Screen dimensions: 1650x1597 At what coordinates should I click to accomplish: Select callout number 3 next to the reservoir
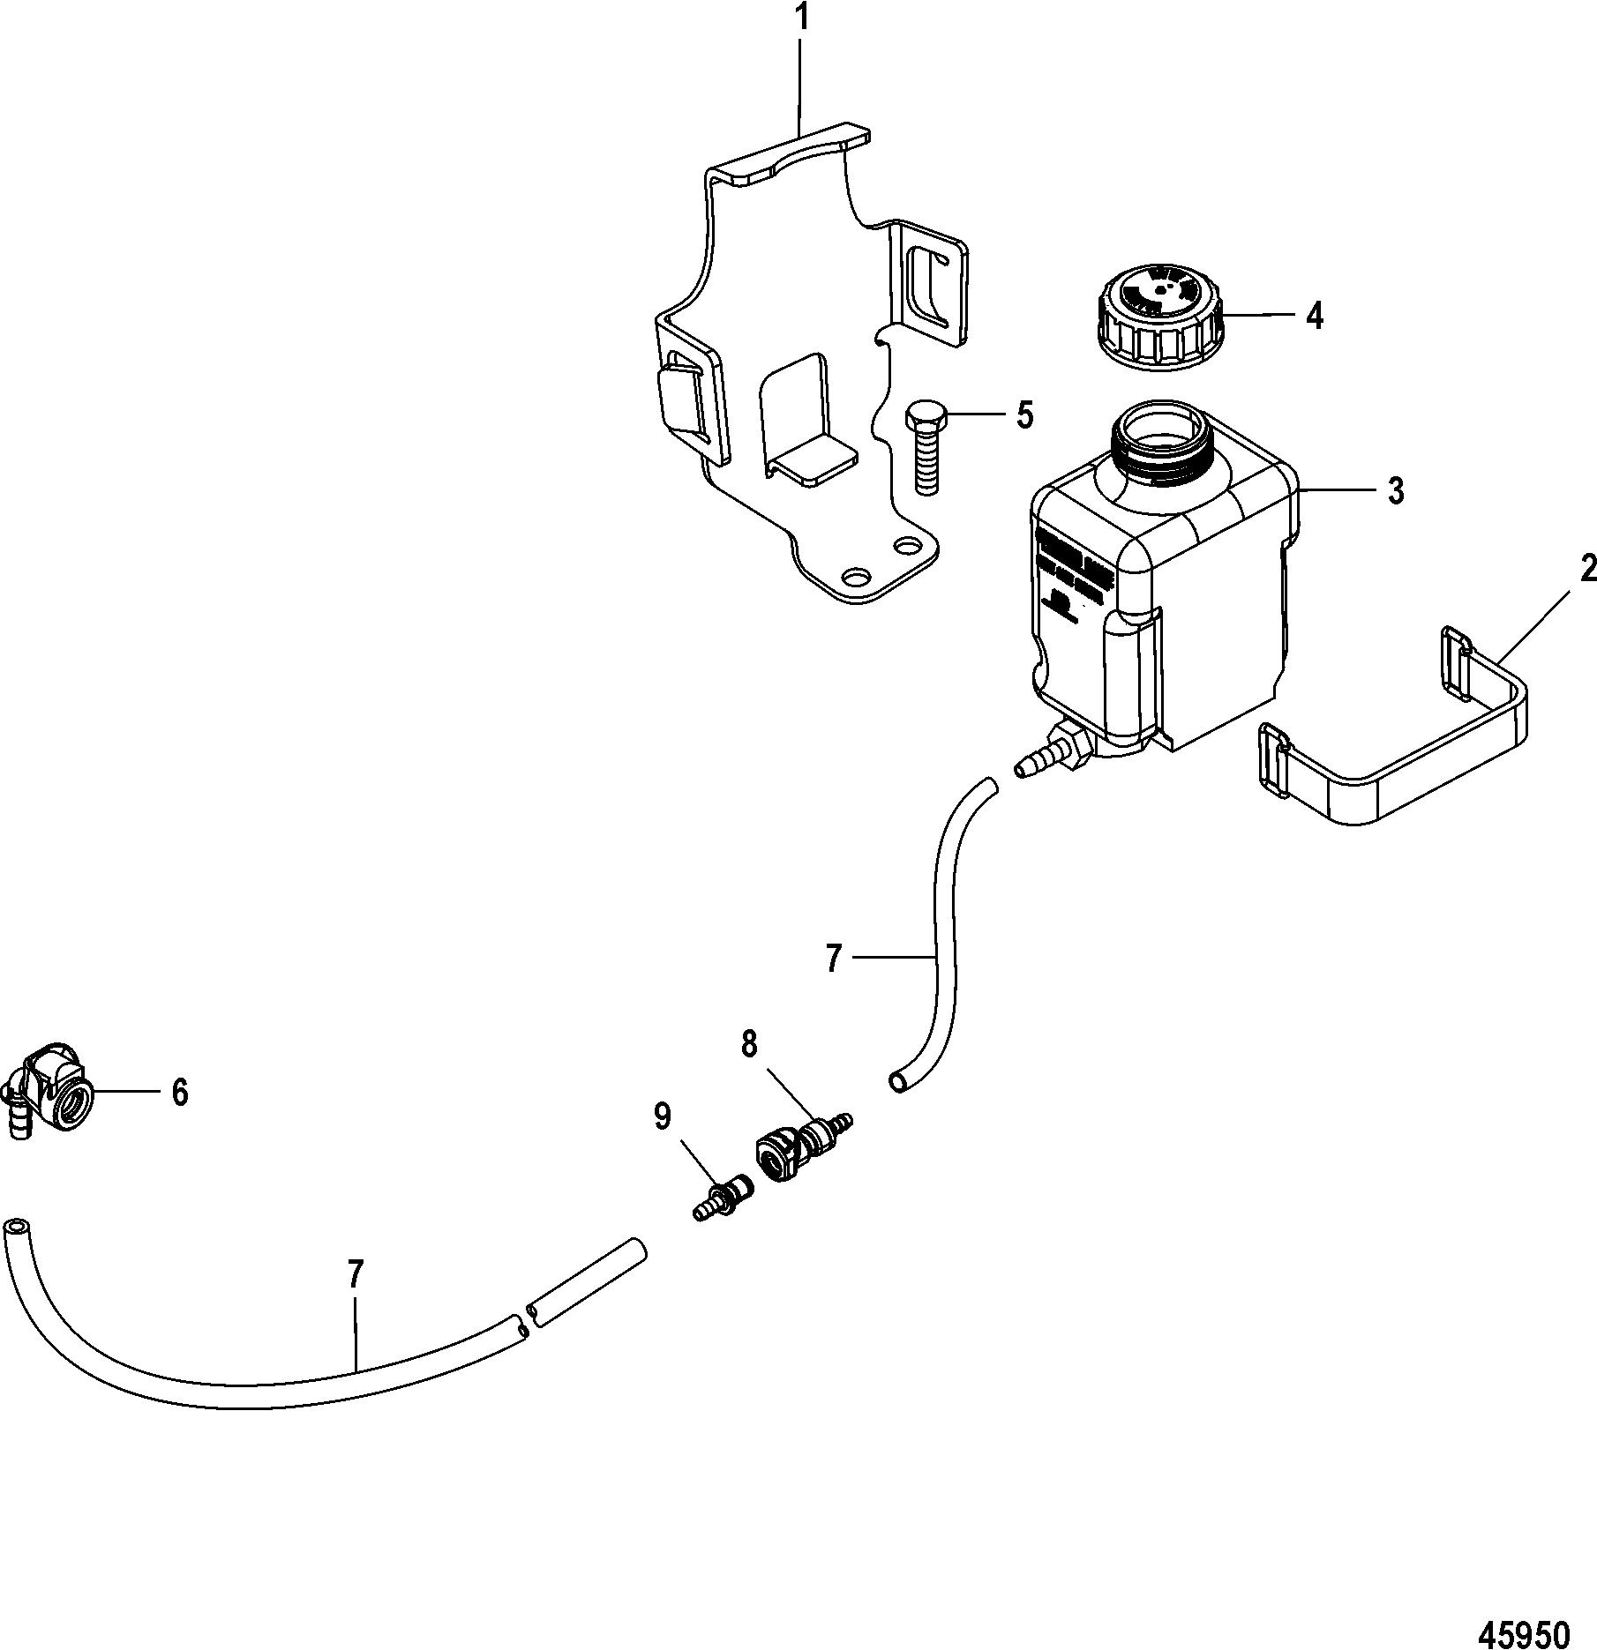coord(1394,491)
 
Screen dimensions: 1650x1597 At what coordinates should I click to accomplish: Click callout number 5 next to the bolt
coord(1024,414)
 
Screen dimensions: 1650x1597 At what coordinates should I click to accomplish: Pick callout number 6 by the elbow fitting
coord(179,1094)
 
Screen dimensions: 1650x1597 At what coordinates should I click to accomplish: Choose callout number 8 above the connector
coord(749,1045)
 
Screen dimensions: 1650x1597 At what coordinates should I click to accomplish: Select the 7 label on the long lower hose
coord(355,1274)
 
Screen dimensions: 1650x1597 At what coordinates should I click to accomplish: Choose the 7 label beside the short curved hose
coord(835,958)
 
